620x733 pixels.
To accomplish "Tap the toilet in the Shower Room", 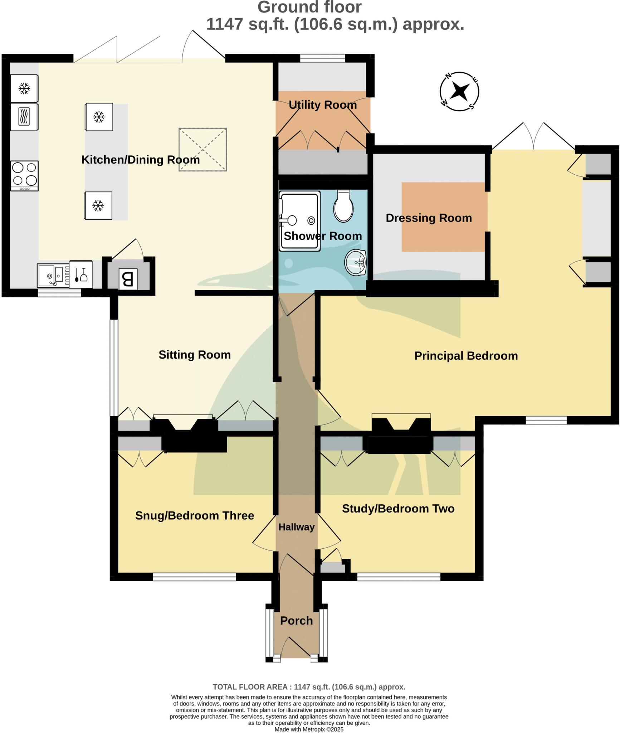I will [343, 207].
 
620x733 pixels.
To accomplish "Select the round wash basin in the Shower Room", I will [355, 263].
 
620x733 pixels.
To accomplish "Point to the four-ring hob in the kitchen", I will [24, 175].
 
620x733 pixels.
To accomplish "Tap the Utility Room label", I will [322, 105].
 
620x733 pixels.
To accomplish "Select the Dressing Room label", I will [429, 218].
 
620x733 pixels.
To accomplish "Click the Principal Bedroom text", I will [466, 356].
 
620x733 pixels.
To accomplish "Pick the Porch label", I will [296, 621].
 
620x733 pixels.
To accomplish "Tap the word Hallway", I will [296, 527].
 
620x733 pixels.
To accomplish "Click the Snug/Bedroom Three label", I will [195, 515].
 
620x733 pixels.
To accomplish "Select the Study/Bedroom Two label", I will [398, 509].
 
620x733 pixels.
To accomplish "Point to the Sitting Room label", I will [195, 355].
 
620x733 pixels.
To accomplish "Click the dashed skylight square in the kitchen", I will [202, 149].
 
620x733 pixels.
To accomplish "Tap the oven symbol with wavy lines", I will [24, 117].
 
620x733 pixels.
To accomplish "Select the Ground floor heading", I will [309, 7].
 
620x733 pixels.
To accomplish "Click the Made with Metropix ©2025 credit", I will [309, 729].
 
